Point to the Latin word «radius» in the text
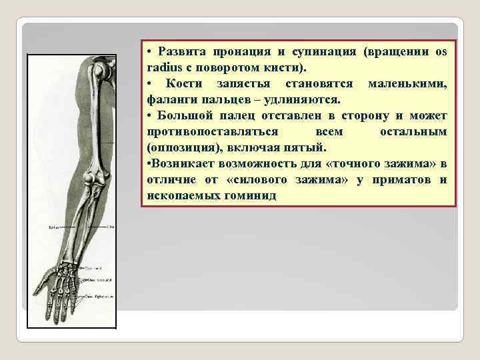163,68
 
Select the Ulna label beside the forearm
110,228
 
